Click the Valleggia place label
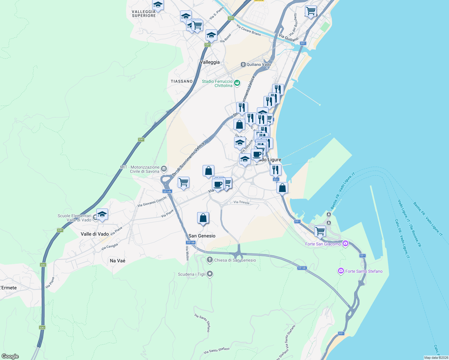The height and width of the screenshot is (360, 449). (209, 62)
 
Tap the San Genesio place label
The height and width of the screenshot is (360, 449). (202, 236)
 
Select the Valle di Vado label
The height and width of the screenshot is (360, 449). (95, 234)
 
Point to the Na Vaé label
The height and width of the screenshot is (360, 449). (117, 261)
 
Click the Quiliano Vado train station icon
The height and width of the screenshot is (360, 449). (243, 64)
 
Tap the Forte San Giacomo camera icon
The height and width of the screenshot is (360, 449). (345, 243)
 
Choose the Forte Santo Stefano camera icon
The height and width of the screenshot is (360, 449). (341, 271)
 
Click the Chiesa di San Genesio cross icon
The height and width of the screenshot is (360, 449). (210, 260)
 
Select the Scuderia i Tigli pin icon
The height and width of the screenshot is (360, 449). (210, 274)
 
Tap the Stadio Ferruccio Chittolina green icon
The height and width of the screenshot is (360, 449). (237, 82)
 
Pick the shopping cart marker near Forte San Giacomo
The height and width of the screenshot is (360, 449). (320, 231)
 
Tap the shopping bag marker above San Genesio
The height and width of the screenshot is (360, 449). (203, 218)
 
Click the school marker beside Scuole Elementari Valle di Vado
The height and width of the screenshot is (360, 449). (102, 214)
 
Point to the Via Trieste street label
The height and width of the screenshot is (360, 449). (241, 202)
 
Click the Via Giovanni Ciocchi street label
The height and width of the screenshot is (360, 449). (152, 202)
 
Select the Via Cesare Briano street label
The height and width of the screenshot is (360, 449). (249, 30)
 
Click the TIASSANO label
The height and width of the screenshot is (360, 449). (182, 81)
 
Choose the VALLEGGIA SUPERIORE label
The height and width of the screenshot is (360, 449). (144, 13)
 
